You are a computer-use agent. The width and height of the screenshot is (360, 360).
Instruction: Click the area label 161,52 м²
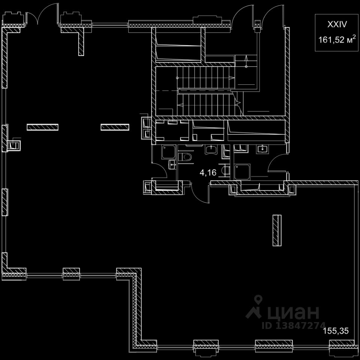click(x=336, y=39)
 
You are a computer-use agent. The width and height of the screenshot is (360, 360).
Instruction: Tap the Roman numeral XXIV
click(x=336, y=24)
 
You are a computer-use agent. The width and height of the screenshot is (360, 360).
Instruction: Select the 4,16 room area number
click(x=208, y=173)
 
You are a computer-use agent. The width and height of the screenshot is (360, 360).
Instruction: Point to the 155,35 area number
click(x=336, y=331)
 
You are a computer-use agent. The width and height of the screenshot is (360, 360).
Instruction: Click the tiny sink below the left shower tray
click(x=172, y=164)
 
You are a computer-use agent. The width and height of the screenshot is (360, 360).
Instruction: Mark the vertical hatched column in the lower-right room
click(x=276, y=230)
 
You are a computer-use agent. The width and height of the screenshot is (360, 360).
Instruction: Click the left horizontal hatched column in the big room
click(x=42, y=127)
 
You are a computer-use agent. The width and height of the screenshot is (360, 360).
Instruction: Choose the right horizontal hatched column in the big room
click(x=115, y=127)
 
